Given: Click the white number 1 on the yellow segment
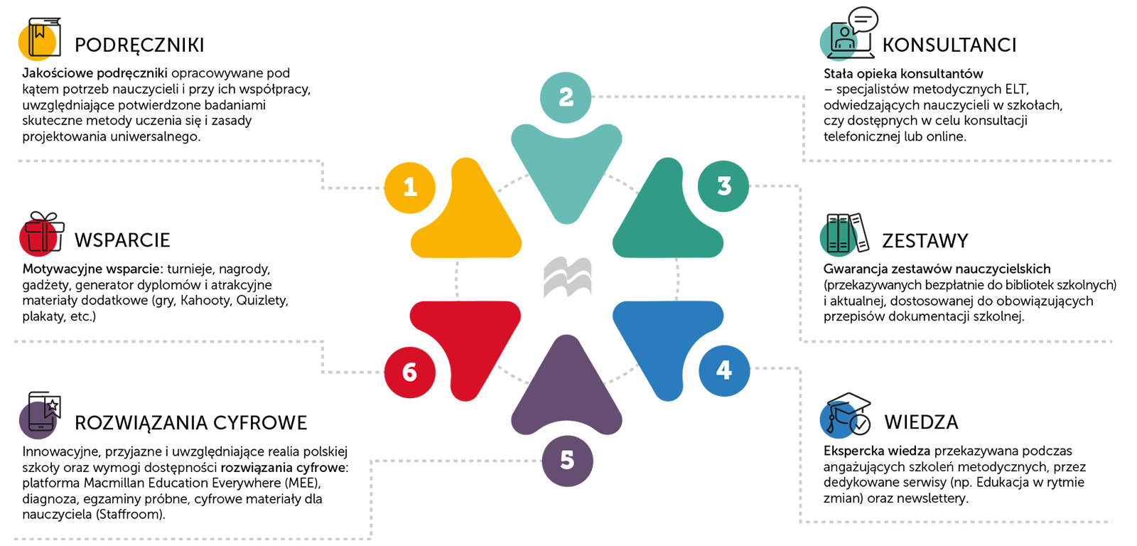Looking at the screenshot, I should [x=410, y=187].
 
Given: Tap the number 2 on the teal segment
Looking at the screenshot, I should [x=566, y=97].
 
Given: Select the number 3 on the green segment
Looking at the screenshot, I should [x=724, y=186].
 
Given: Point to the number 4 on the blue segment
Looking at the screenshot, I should [x=723, y=370].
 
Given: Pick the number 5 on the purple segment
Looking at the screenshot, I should [x=566, y=460].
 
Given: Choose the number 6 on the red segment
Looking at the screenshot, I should [x=409, y=372].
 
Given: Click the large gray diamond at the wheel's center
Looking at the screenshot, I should [x=568, y=277].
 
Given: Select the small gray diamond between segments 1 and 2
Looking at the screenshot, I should [x=512, y=183].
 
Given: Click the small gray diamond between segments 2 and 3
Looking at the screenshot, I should [x=622, y=183].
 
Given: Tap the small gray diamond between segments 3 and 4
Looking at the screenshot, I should [x=677, y=279].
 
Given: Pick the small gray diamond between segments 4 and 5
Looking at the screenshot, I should [x=622, y=375].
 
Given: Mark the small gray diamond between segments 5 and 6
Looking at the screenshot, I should [x=512, y=375].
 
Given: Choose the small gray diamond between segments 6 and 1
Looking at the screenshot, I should [x=456, y=279].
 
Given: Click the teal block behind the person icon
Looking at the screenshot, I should [x=792, y=32].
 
